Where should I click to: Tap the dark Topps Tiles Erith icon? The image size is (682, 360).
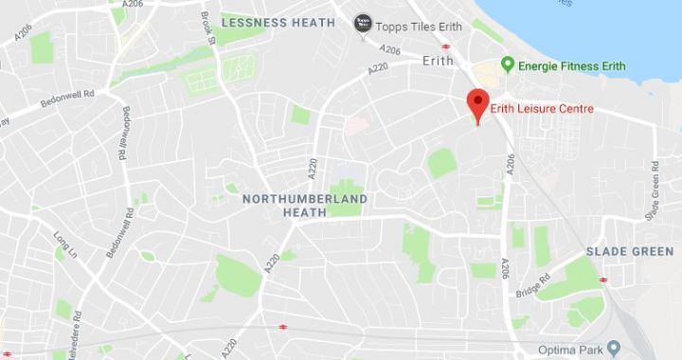[362, 23]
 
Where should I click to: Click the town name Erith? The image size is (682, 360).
[439, 60]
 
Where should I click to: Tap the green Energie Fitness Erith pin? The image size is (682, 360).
[507, 64]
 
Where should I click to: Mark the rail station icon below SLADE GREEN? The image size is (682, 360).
[603, 279]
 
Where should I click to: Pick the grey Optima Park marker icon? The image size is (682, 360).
[614, 348]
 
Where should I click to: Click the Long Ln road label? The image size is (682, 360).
[64, 247]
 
